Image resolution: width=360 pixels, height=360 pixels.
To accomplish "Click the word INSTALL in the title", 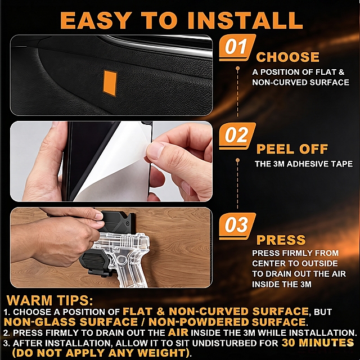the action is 245,20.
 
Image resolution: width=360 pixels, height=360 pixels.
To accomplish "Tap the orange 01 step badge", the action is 237,47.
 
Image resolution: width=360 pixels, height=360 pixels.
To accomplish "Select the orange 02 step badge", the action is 237,136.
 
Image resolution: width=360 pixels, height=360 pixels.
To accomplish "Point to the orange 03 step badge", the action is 237,226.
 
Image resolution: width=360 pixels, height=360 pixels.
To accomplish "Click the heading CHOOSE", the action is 287,57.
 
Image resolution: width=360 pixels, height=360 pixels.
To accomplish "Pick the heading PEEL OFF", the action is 292,149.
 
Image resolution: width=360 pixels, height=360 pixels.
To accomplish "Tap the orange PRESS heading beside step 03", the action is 281,240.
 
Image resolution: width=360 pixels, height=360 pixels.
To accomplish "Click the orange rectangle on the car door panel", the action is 110,83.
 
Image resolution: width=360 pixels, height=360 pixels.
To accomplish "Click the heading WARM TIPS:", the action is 50,300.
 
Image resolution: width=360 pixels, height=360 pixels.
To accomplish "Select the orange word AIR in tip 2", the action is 178,332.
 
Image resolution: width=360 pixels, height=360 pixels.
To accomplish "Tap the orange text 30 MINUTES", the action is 317,343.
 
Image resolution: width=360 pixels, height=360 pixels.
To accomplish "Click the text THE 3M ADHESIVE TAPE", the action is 304,164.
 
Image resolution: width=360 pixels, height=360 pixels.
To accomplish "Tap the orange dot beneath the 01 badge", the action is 237,68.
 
